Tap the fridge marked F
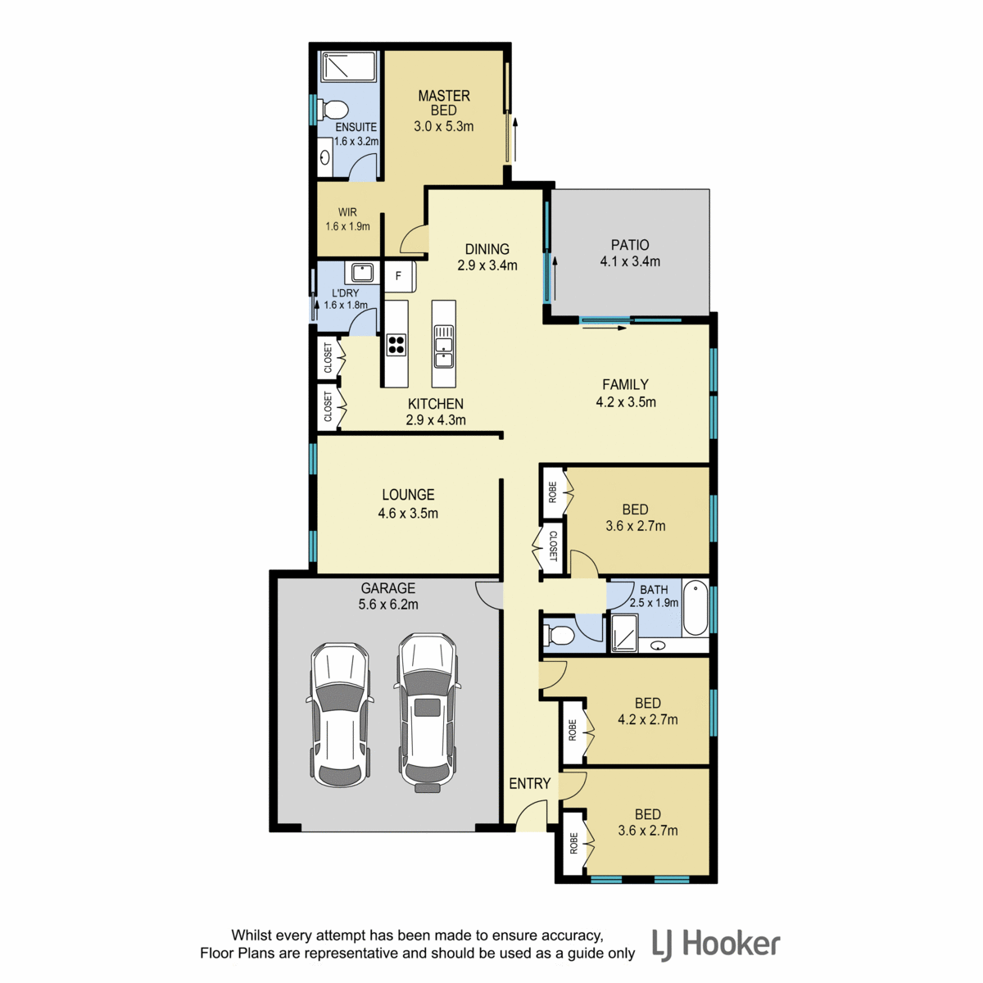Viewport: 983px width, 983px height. pos(400,277)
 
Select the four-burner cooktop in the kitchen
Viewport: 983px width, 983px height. pos(396,344)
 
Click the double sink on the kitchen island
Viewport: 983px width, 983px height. pos(443,346)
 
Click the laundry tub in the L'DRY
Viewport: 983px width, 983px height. pos(361,273)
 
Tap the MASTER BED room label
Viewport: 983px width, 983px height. pos(444,102)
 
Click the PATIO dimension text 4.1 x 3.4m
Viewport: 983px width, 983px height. pos(630,261)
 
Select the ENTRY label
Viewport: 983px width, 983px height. pos(529,783)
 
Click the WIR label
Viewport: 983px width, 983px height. pos(347,212)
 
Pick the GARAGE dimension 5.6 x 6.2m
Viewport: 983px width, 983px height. pos(388,605)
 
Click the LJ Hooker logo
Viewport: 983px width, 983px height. pos(716,945)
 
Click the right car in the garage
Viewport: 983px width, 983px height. pos(428,712)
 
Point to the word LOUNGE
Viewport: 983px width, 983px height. pos(408,494)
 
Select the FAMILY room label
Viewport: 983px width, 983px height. pos(625,384)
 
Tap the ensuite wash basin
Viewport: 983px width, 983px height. pos(325,157)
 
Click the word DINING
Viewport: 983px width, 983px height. pos(487,249)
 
